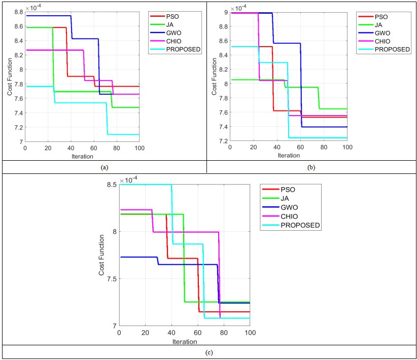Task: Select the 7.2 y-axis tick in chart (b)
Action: (x=222, y=141)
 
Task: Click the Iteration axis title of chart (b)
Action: (x=288, y=155)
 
